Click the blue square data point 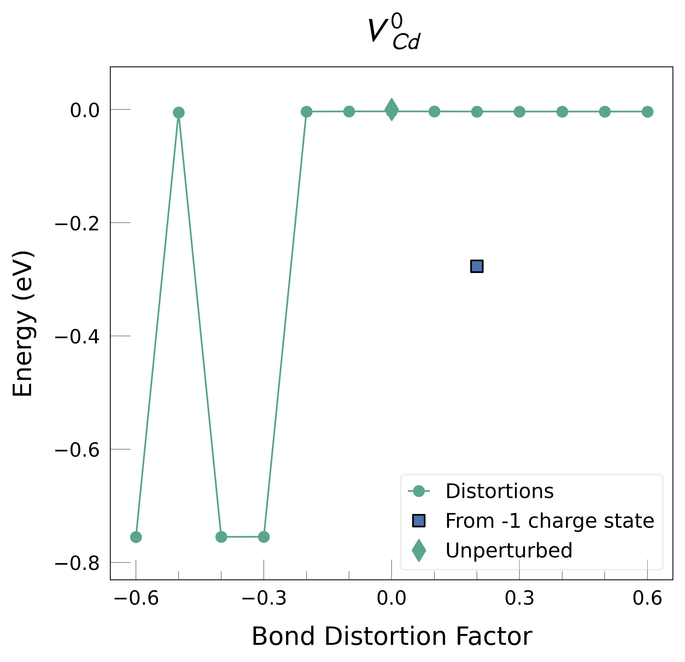477,266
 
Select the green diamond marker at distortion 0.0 391,109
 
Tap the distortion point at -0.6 136,537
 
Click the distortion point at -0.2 307,112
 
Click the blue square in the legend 419,520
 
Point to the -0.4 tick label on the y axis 77,337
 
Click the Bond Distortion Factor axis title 392,636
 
